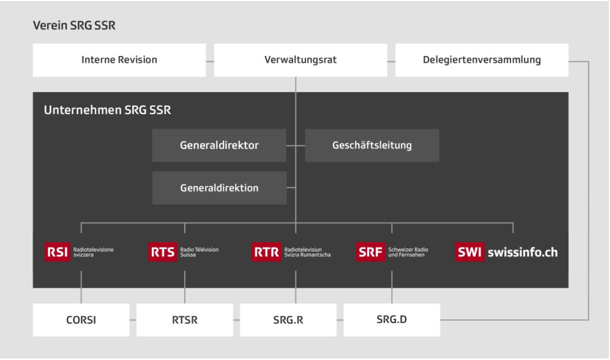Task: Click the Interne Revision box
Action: coord(119,60)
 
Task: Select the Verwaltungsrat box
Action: coord(300,60)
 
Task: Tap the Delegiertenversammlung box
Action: coord(481,60)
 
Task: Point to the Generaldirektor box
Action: coord(219,145)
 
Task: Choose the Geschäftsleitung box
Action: coord(372,145)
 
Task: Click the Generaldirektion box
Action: coord(219,188)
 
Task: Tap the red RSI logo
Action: coord(57,253)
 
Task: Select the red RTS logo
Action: coord(162,253)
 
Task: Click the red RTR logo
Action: coord(267,253)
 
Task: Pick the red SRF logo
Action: coord(370,253)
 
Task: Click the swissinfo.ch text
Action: coord(523,253)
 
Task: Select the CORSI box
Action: coord(81,320)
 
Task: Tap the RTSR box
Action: coord(185,320)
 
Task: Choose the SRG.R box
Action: coord(288,320)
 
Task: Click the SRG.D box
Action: coord(392,320)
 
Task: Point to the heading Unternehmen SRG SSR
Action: coord(103,112)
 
